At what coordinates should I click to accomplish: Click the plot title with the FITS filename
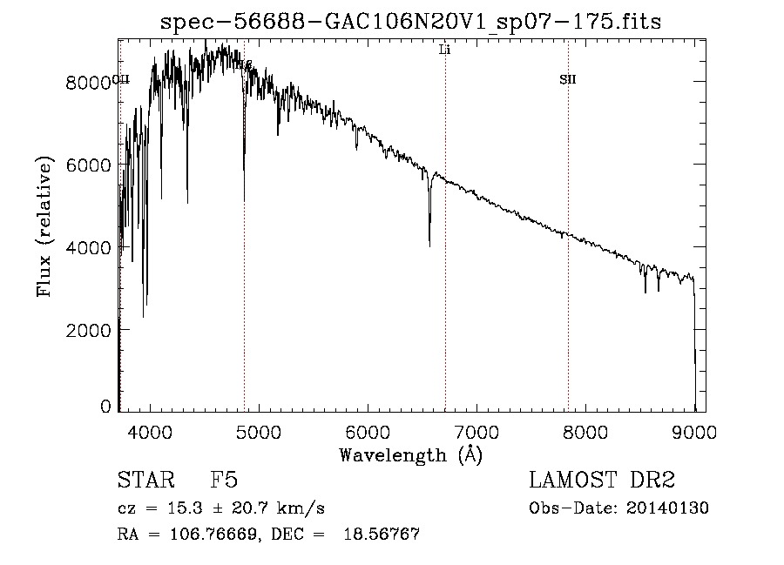pyautogui.click(x=411, y=23)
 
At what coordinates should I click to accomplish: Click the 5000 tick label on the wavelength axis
pyautogui.click(x=259, y=432)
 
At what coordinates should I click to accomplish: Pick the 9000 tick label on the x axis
pyautogui.click(x=694, y=432)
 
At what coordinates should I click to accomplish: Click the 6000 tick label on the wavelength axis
pyautogui.click(x=368, y=432)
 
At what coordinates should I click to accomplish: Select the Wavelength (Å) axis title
pyautogui.click(x=410, y=454)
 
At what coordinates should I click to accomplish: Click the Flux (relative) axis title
pyautogui.click(x=44, y=226)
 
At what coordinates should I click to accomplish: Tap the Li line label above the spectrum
pyautogui.click(x=444, y=50)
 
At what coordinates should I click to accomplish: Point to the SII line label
pyautogui.click(x=568, y=80)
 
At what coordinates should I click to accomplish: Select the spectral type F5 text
pyautogui.click(x=223, y=481)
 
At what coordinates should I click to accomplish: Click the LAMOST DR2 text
pyautogui.click(x=601, y=481)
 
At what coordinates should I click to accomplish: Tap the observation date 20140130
pyautogui.click(x=672, y=508)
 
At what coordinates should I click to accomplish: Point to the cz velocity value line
pyautogui.click(x=221, y=508)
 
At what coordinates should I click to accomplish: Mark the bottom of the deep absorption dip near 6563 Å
pyautogui.click(x=429, y=246)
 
